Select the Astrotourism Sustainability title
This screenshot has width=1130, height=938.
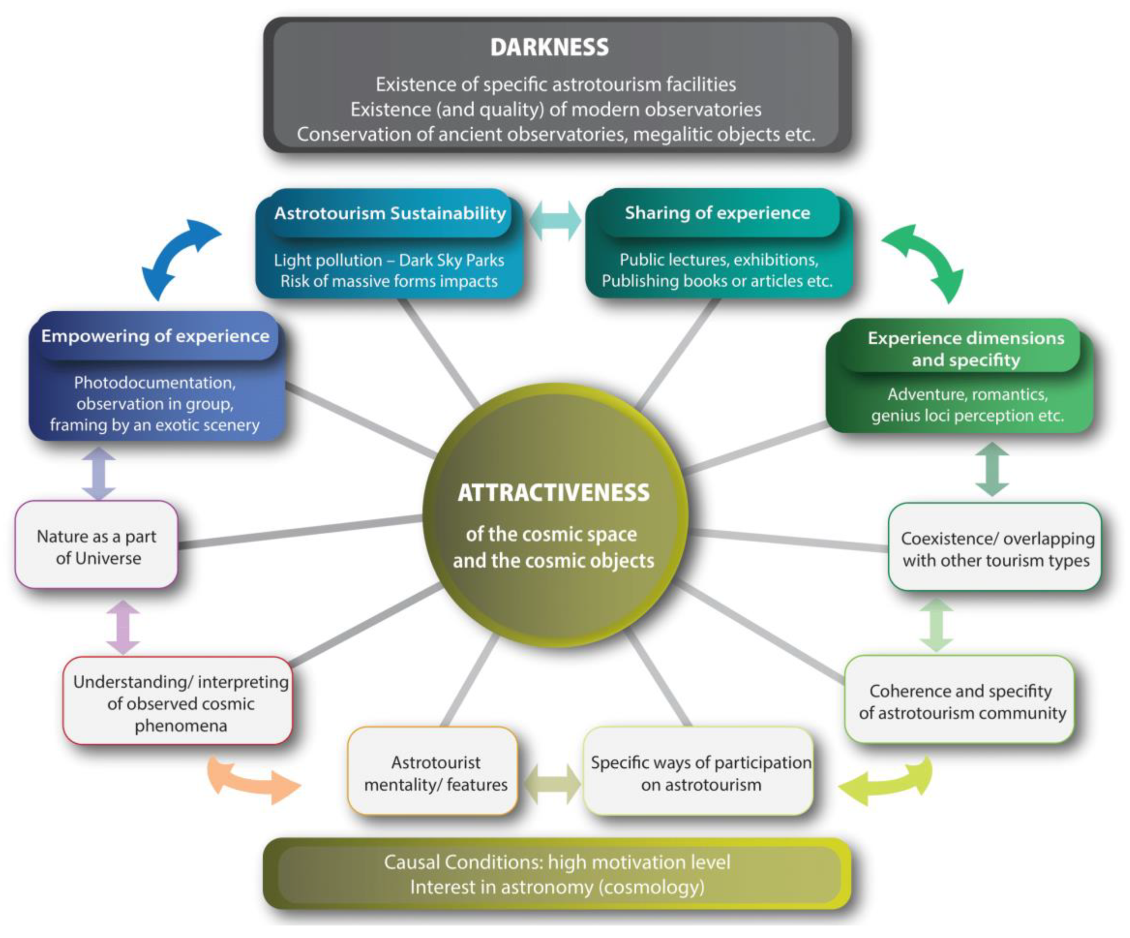[390, 214]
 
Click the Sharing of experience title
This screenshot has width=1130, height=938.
[717, 213]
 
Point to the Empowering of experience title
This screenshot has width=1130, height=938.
[155, 336]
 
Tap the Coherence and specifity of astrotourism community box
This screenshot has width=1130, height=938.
[961, 701]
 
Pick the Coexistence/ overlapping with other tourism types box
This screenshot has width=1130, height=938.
[995, 548]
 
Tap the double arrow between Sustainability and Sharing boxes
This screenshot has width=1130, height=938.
[555, 221]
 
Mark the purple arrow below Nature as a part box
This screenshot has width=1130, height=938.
[123, 627]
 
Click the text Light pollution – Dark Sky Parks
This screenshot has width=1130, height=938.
[389, 261]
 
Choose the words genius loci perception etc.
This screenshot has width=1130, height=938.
[967, 416]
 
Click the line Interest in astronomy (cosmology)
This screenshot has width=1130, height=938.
[557, 887]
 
